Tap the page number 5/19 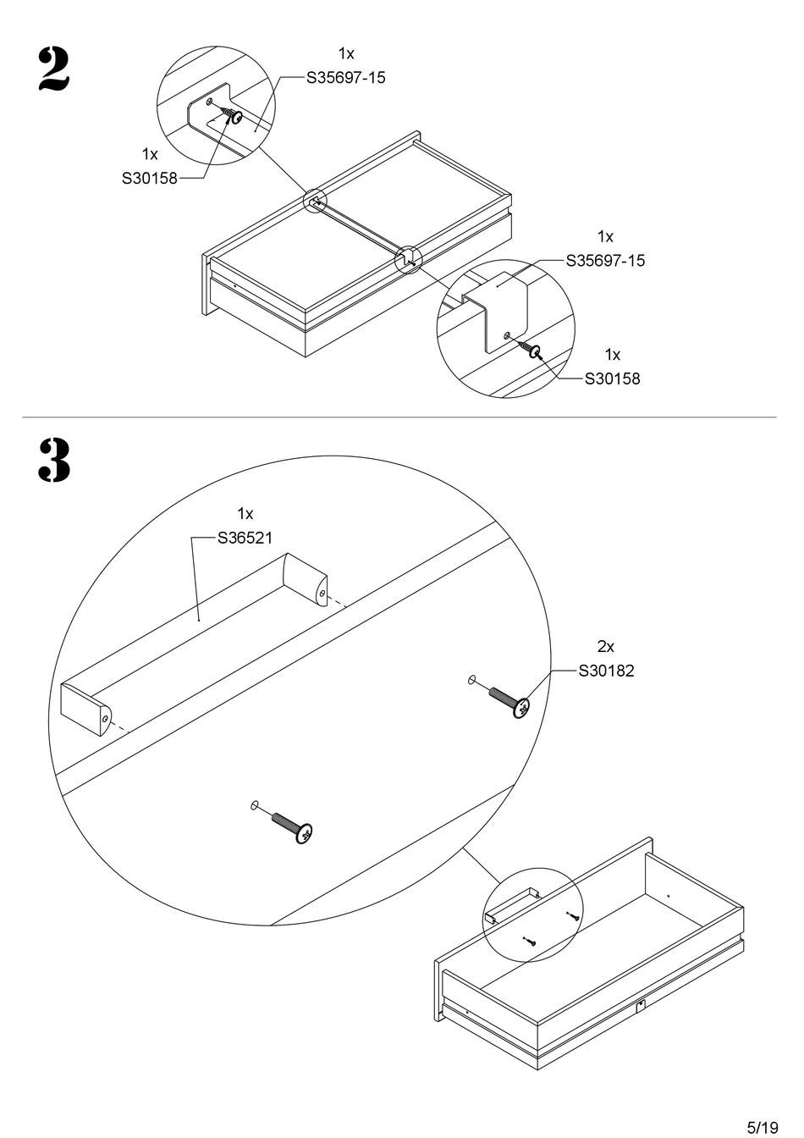tap(762, 1127)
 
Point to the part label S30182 tap(606, 671)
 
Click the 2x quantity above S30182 tap(605, 647)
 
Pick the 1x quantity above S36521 tap(245, 514)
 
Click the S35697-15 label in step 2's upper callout tap(345, 78)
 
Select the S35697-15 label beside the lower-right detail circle tap(605, 261)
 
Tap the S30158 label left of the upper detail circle tap(150, 179)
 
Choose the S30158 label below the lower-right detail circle tap(613, 378)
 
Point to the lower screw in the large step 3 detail tap(303, 833)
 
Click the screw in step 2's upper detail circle tap(231, 115)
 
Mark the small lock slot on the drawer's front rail tap(641, 1006)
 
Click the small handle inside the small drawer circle tap(513, 903)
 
